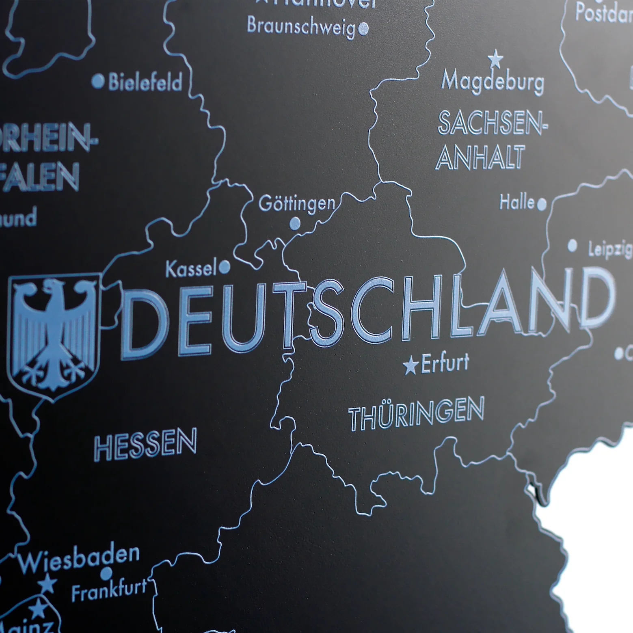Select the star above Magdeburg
click(495, 59)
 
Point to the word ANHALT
click(480, 158)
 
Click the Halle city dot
click(542, 204)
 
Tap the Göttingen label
click(297, 203)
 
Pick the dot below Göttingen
click(294, 223)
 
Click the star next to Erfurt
click(410, 366)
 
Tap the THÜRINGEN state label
click(416, 413)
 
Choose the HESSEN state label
click(145, 445)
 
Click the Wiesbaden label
click(78, 559)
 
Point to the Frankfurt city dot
click(106, 573)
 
